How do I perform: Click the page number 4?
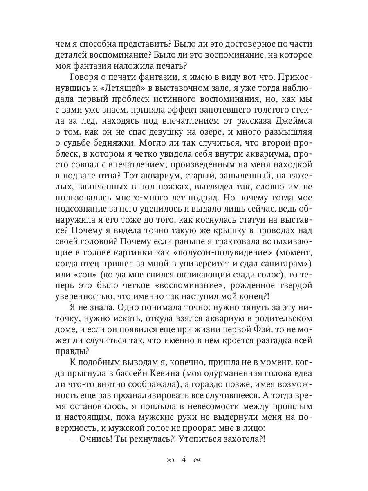point(184,460)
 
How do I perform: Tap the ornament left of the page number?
point(169,461)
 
